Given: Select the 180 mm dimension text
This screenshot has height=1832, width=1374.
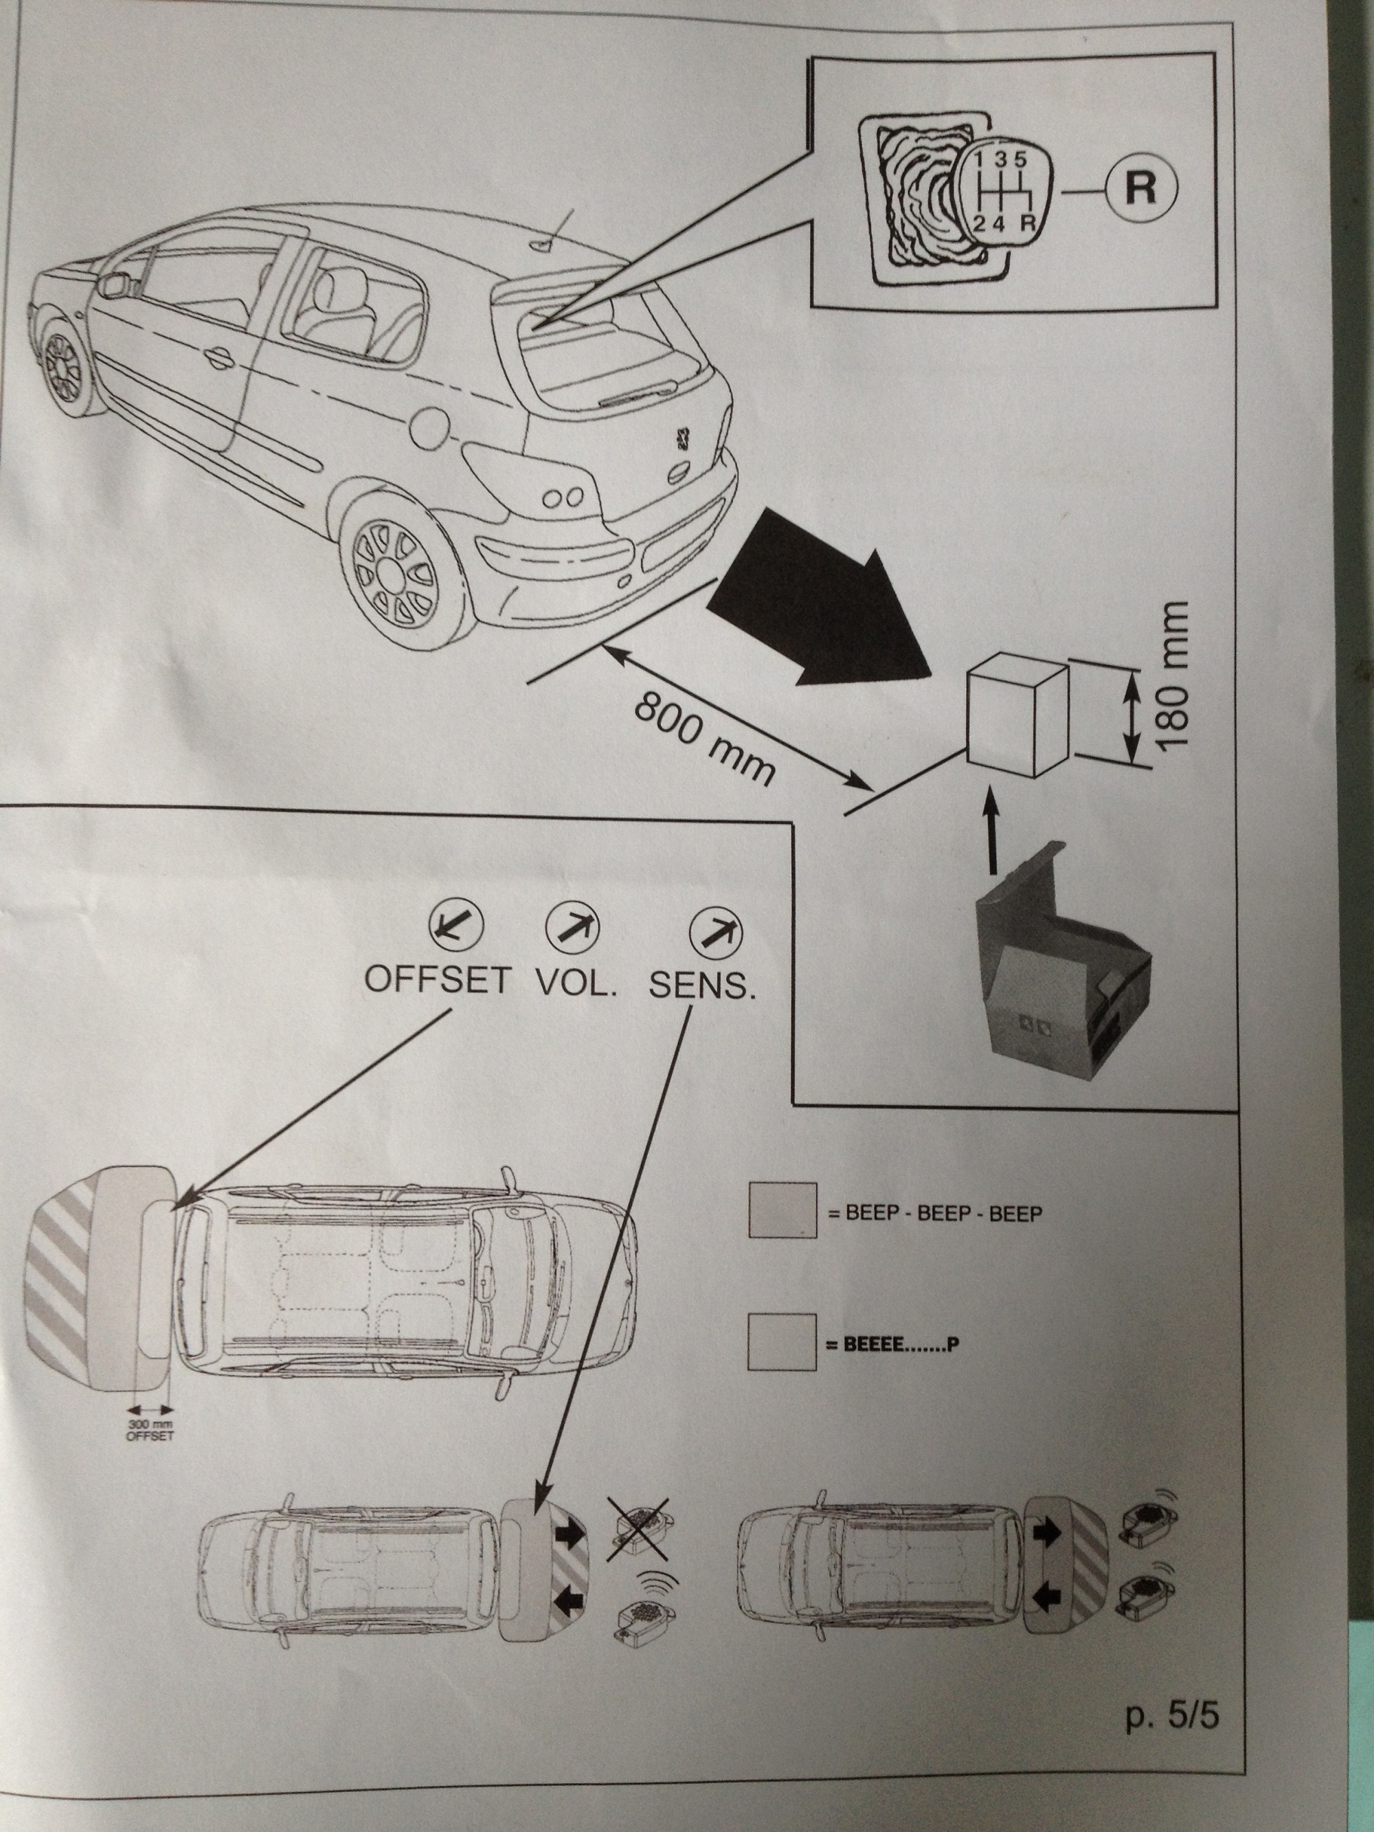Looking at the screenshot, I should coord(1173,678).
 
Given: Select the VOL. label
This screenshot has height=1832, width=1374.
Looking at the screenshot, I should coord(578,981).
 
